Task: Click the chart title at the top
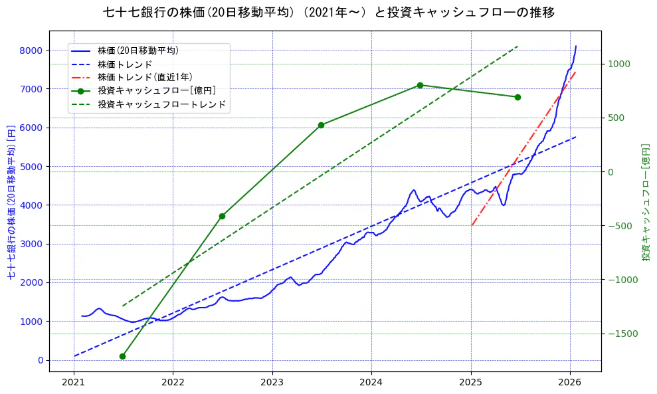click(x=329, y=13)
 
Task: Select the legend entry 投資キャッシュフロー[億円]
click(x=156, y=90)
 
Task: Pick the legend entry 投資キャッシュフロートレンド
click(x=161, y=104)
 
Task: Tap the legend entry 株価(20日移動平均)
click(x=138, y=50)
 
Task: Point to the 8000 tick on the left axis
click(x=31, y=50)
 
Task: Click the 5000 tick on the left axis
click(x=31, y=167)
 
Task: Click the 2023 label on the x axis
click(x=272, y=383)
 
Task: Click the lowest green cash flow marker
click(x=122, y=356)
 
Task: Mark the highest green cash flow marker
click(x=420, y=85)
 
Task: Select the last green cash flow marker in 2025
click(x=517, y=97)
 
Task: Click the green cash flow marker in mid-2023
click(x=321, y=125)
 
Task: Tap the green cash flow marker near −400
click(x=222, y=216)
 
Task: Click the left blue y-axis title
click(x=11, y=201)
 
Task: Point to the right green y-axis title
click(x=645, y=201)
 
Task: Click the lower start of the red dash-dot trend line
click(x=472, y=225)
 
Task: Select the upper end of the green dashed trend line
click(x=517, y=47)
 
